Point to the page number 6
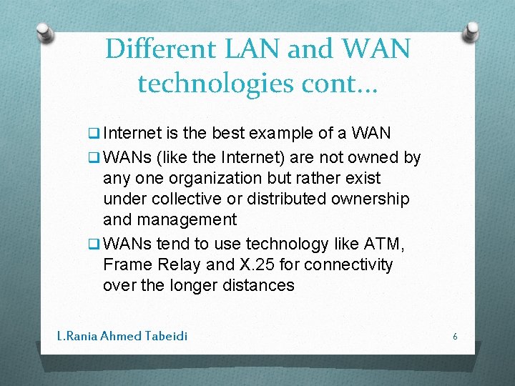click(455, 335)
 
